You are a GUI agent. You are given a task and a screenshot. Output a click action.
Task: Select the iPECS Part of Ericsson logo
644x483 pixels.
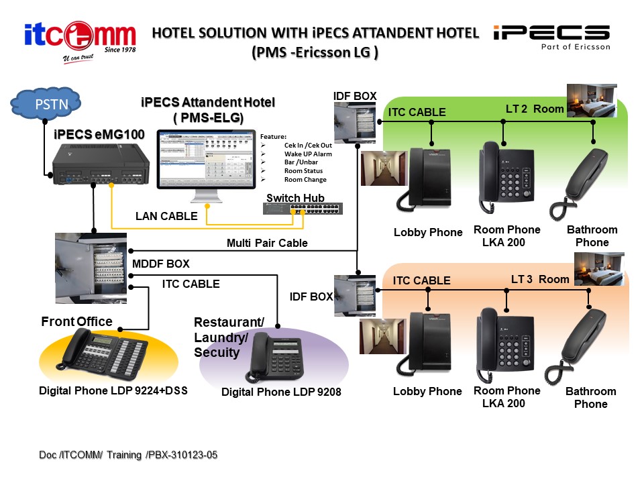pos(551,37)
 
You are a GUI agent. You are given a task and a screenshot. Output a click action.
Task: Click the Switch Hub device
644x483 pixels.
pos(303,208)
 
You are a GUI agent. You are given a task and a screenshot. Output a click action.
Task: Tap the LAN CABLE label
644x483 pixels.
pos(166,216)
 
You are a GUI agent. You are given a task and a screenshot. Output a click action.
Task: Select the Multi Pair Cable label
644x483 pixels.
pos(267,243)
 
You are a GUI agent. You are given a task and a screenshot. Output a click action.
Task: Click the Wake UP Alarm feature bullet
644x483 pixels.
pos(308,154)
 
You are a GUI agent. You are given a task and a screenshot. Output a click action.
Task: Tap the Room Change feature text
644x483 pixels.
pos(305,180)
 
